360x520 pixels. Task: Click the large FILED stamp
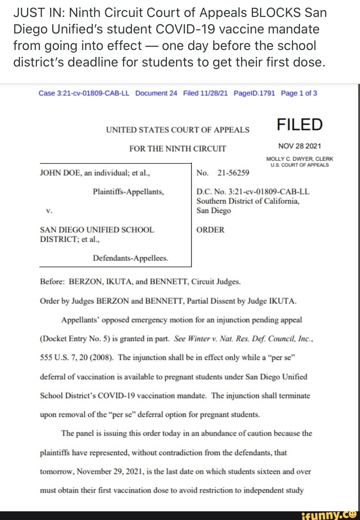[300, 125]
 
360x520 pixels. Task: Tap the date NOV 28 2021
[300, 146]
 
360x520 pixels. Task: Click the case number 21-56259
[233, 173]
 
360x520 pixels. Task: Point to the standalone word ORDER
[210, 230]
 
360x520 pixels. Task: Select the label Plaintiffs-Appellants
[128, 191]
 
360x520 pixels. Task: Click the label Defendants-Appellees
[130, 258]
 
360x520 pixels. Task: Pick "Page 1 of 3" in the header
[299, 93]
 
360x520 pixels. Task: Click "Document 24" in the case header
[156, 93]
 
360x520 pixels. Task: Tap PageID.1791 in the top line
[254, 93]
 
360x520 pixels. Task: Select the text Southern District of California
[247, 201]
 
